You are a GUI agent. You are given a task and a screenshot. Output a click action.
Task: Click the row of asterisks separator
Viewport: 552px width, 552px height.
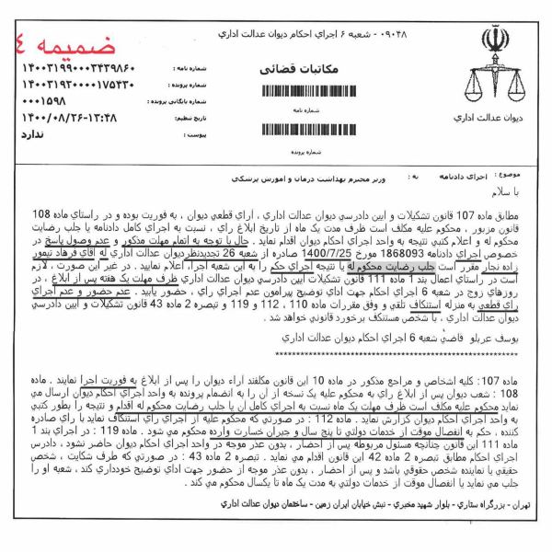[x=276, y=327]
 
